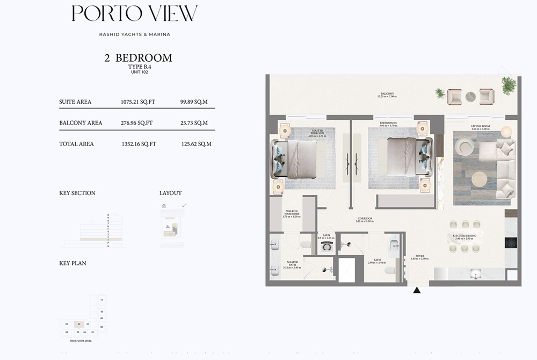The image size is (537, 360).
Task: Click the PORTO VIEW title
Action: tap(134, 14)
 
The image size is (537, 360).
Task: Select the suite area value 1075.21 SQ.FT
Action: tap(137, 102)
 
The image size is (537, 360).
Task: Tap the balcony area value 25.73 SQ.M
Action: tap(194, 123)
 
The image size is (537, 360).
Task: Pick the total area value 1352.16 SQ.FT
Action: tap(139, 144)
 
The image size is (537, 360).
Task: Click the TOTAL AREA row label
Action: tap(76, 144)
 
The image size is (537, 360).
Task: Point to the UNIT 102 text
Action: tap(138, 72)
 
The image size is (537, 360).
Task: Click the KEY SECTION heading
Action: tap(77, 193)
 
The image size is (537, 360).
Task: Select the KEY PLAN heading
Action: tap(73, 263)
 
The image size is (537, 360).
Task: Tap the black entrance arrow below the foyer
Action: tap(417, 291)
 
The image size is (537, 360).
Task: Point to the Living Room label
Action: tap(481, 128)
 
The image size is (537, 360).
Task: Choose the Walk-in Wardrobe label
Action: tap(292, 214)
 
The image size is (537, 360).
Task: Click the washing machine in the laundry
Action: tap(327, 247)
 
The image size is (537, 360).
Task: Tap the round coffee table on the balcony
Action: tap(470, 97)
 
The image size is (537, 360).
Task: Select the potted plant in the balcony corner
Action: tap(508, 85)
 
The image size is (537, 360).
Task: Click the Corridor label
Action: tap(364, 220)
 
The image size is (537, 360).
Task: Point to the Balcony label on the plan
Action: tap(388, 95)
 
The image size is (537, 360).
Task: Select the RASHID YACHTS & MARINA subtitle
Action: tap(134, 34)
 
